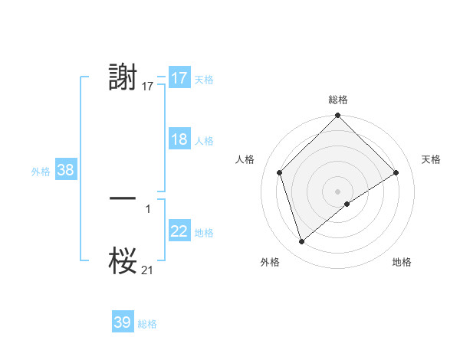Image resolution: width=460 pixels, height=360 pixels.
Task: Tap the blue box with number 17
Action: [x=179, y=78]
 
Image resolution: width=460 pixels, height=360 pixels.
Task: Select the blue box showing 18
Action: [x=179, y=139]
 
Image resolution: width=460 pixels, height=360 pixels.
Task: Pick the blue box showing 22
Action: [x=179, y=231]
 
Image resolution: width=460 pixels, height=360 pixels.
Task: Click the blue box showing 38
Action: [x=65, y=170]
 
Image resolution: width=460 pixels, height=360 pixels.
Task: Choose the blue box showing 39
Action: [x=123, y=322]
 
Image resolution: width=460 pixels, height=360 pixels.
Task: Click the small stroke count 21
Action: [x=148, y=270]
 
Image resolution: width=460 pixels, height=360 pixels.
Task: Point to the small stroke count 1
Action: [x=148, y=208]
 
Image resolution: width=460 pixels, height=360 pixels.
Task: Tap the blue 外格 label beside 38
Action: [x=41, y=172]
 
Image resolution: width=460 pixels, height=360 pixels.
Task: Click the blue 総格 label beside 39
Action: [x=147, y=324]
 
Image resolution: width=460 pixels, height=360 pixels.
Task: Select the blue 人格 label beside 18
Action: [x=204, y=141]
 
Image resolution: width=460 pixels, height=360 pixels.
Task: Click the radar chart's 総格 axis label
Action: [x=337, y=100]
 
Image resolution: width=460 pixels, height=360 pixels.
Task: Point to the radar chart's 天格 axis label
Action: [x=432, y=159]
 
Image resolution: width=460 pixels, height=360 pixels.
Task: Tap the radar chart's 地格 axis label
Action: [x=402, y=262]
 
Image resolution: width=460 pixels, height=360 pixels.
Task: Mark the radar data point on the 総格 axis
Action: [x=337, y=116]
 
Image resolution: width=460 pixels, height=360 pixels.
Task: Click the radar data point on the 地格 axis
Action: [x=347, y=204]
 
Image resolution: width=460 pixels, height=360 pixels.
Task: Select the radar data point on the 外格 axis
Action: [x=301, y=242]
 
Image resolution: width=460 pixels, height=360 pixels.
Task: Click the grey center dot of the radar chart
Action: [x=337, y=191]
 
